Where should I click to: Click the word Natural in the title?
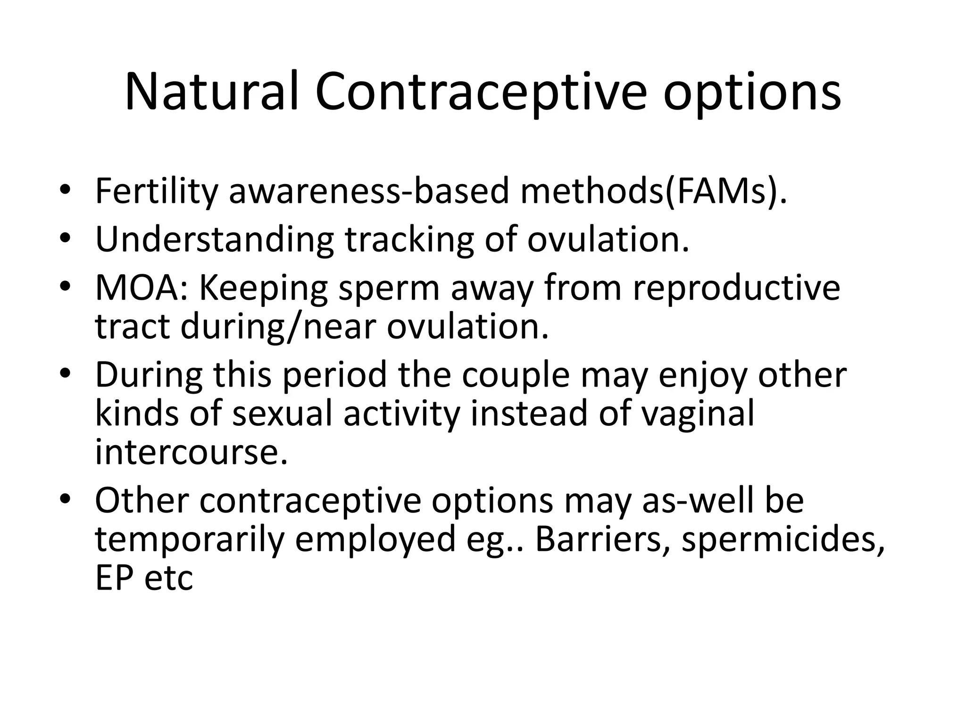coord(212,92)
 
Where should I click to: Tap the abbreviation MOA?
coord(142,288)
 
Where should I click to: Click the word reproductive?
coord(736,288)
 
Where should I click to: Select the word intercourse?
coord(191,453)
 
